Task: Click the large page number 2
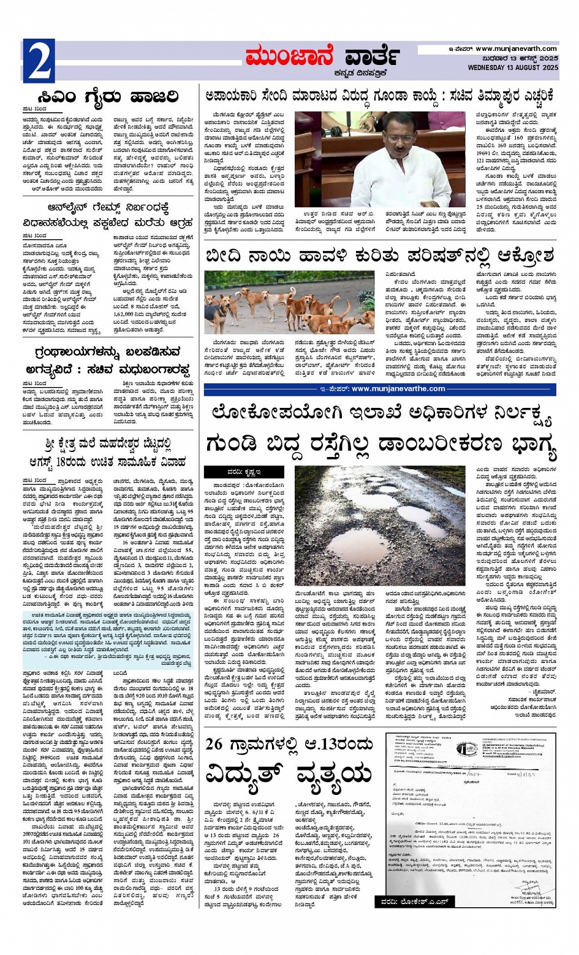[x=39, y=61]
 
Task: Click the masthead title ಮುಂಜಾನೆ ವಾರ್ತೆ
[x=323, y=56]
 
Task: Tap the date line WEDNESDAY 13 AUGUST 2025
[x=512, y=67]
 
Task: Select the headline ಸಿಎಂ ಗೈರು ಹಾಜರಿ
[x=107, y=97]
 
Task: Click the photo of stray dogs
[x=289, y=303]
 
